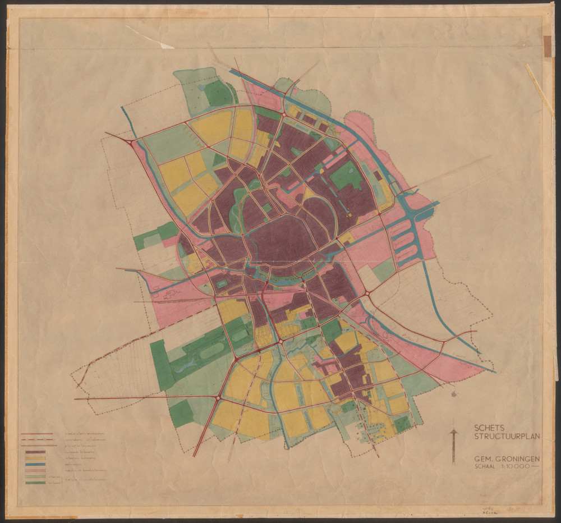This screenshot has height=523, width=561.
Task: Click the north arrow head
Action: (453, 433)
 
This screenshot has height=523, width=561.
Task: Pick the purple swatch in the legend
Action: (35, 451)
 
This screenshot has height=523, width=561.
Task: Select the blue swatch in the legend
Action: (35, 465)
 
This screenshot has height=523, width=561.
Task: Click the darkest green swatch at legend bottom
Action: (35, 483)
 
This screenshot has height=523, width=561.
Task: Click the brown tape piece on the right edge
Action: (547, 46)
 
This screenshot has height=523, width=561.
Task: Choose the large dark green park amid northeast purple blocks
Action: (347, 176)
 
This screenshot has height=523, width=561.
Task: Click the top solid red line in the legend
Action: (36, 433)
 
